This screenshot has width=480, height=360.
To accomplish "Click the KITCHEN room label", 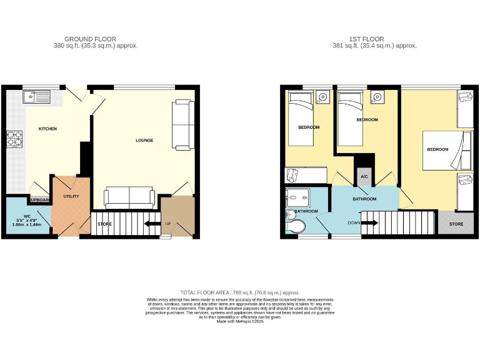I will [47, 129].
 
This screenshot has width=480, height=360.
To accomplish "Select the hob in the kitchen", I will [14, 139].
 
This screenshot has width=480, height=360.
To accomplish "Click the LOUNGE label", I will [144, 140].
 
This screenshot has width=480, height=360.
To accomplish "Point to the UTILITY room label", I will [71, 196].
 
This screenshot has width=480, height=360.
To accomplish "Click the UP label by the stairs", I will [167, 223].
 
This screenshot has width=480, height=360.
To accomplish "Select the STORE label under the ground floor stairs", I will [104, 223].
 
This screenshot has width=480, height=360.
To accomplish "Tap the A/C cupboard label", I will [364, 177].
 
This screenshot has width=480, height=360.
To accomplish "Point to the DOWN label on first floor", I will [353, 222].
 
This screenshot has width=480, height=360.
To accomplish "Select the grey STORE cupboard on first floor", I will [456, 223].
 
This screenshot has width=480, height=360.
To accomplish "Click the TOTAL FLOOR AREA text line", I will [239, 292].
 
